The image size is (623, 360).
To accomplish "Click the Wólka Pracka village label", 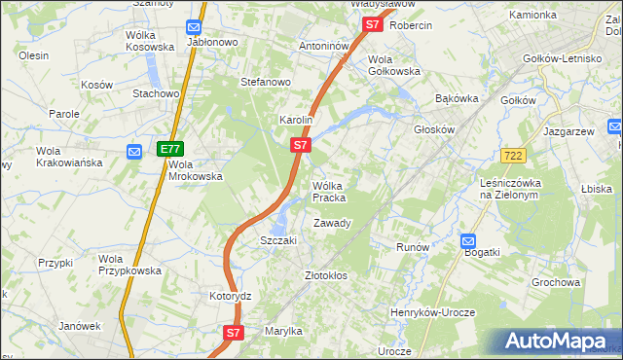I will (x=328, y=191).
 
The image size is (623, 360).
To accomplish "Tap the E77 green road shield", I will (x=169, y=149).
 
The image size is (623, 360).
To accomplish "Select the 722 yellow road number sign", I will (x=515, y=156).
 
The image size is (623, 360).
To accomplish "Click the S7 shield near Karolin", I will (x=301, y=145).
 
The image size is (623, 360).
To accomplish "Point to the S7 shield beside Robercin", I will (x=371, y=25).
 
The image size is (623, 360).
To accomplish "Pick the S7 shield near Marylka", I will (x=233, y=333).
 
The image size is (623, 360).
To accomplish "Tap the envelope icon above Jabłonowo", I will (x=194, y=28).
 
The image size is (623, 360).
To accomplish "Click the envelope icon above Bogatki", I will (x=467, y=240).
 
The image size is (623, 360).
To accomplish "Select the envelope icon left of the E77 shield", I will (x=135, y=151).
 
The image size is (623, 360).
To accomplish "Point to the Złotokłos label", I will (x=326, y=276).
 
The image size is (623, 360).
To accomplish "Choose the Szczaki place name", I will (x=277, y=240).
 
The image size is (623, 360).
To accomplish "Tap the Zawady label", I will (x=331, y=224).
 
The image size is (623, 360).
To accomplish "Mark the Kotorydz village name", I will (x=231, y=296).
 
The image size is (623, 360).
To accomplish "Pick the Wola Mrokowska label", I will (x=196, y=170).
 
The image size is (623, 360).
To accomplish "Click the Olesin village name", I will (x=33, y=56).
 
